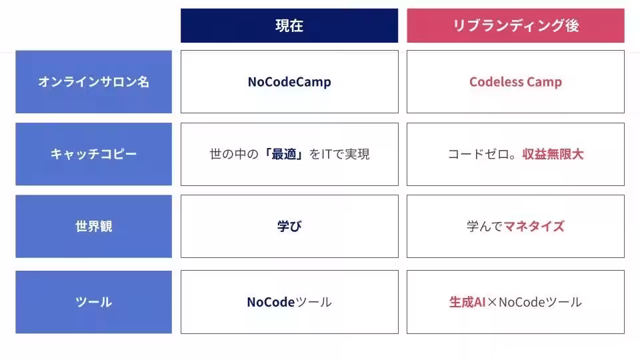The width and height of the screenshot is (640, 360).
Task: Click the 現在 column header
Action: click(289, 25)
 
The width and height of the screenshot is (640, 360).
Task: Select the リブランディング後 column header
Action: click(515, 25)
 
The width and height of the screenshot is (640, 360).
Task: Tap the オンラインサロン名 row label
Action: click(93, 81)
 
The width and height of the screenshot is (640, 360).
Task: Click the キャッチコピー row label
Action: click(93, 154)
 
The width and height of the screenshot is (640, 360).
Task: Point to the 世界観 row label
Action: click(93, 226)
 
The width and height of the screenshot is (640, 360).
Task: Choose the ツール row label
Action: click(93, 302)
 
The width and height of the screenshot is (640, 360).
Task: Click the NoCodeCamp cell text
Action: click(289, 82)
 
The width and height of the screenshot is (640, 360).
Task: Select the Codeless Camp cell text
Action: click(515, 82)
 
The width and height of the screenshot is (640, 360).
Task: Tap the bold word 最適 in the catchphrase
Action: click(284, 154)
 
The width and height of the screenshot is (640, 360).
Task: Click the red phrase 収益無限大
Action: click(553, 154)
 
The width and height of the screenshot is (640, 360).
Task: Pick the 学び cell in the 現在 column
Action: click(289, 226)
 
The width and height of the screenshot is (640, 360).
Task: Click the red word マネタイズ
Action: click(534, 226)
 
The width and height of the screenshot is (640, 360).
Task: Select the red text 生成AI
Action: click(467, 302)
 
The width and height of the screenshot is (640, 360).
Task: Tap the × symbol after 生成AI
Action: click(492, 303)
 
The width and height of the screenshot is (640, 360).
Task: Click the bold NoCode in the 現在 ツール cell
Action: click(271, 302)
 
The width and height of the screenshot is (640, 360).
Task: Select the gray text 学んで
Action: click(485, 226)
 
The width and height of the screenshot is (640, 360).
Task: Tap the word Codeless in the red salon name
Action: click(496, 81)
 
